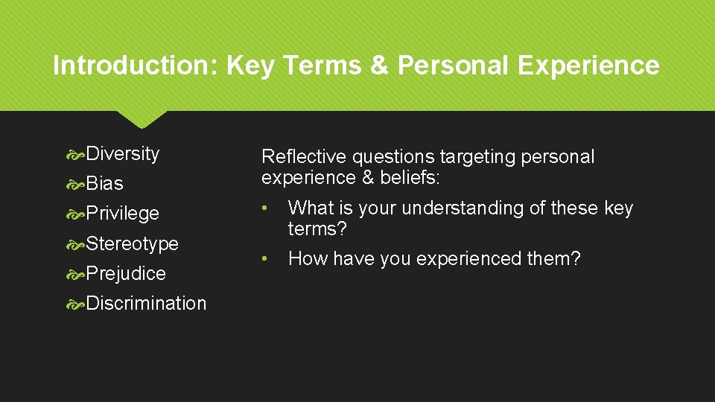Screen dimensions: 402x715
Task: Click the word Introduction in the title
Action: (x=131, y=66)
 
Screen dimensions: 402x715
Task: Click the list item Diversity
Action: (x=123, y=153)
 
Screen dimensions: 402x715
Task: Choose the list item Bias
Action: (x=105, y=183)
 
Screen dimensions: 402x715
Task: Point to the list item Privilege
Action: (x=123, y=213)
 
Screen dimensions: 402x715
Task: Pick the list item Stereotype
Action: (x=133, y=243)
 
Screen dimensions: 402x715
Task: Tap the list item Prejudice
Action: (x=126, y=273)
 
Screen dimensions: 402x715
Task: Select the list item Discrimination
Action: (x=146, y=303)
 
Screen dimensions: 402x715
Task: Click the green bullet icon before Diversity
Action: (x=76, y=154)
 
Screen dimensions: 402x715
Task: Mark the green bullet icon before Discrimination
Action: (x=76, y=304)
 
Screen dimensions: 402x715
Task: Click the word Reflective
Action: (x=304, y=157)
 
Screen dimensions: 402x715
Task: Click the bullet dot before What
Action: (x=265, y=208)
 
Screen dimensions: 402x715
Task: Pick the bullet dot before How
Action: (x=265, y=259)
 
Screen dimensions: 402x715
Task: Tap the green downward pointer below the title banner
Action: (x=142, y=119)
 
